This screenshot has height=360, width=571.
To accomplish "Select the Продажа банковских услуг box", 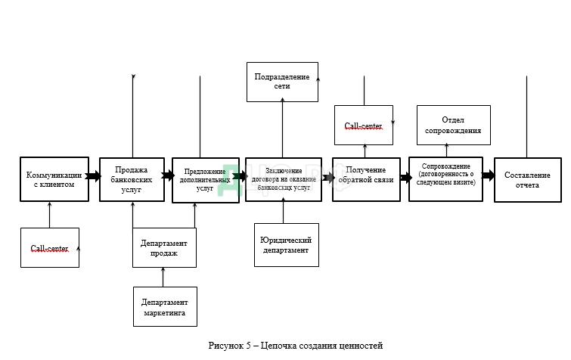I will click(x=132, y=179).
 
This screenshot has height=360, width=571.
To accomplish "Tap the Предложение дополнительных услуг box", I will click(x=206, y=180).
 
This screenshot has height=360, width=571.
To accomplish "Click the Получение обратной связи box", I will click(x=366, y=179).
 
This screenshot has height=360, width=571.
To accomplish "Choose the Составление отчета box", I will click(x=528, y=179).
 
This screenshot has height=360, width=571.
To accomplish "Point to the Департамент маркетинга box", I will click(x=164, y=306).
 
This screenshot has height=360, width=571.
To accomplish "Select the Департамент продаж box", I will click(x=164, y=247).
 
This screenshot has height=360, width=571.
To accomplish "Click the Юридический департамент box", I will click(x=286, y=244).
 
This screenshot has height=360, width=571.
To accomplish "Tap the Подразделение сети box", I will click(x=281, y=82).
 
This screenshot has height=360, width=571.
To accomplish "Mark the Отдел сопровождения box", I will click(x=453, y=125).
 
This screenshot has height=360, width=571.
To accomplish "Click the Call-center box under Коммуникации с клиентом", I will click(x=50, y=247).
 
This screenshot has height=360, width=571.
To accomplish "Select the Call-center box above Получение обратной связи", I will click(x=364, y=126).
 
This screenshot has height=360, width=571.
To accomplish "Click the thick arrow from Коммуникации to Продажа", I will click(x=94, y=176).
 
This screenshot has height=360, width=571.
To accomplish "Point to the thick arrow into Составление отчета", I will click(x=489, y=175).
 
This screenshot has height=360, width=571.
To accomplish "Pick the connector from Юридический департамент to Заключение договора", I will click(x=283, y=213).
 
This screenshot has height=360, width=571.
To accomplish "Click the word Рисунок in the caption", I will click(x=225, y=346).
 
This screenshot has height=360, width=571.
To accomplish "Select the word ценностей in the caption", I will click(x=362, y=346).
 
